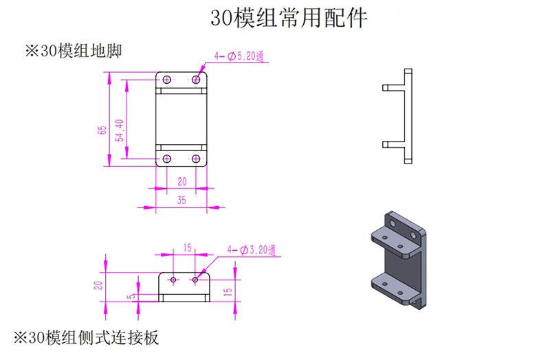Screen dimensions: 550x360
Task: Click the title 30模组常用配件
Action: pyautogui.click(x=289, y=18)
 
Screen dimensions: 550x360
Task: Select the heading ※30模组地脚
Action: pyautogui.click(x=74, y=51)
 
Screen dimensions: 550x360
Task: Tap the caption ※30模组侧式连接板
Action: pyautogui.click(x=86, y=337)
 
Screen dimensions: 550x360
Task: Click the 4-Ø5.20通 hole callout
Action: pyautogui.click(x=239, y=56)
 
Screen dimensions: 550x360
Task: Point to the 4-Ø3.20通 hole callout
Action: pyautogui.click(x=251, y=250)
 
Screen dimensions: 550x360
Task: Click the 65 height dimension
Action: pyautogui.click(x=102, y=130)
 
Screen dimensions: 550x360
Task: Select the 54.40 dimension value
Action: pyautogui.click(x=120, y=131)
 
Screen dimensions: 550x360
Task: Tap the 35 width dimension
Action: pyautogui.click(x=181, y=200)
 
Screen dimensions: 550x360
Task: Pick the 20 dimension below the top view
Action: pyautogui.click(x=181, y=181)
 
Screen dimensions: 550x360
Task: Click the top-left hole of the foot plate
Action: pyautogui.click(x=167, y=80)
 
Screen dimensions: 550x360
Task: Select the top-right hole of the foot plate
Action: pyautogui.click(x=196, y=80)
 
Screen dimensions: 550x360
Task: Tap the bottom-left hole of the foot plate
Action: pyautogui.click(x=167, y=159)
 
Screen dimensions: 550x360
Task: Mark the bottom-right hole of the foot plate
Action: pyautogui.click(x=196, y=159)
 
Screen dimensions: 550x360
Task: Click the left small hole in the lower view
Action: pyautogui.click(x=173, y=280)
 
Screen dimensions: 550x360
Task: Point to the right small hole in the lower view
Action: pyautogui.click(x=195, y=280)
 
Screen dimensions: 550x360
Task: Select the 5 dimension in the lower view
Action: pyautogui.click(x=131, y=297)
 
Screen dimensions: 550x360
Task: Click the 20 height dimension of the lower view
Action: pyautogui.click(x=99, y=285)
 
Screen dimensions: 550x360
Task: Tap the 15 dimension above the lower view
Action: pyautogui.click(x=187, y=248)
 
